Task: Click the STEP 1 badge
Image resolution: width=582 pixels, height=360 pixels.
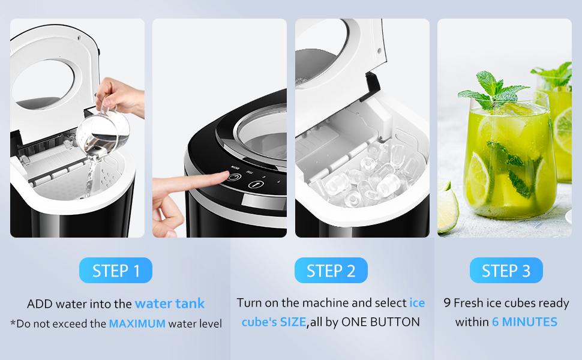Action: (115, 270)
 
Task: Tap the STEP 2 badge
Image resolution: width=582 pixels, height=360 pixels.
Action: (331, 270)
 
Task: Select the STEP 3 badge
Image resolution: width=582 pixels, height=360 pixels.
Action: (506, 270)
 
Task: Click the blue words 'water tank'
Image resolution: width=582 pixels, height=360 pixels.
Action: (170, 304)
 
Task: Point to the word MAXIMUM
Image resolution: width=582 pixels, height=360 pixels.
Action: (137, 323)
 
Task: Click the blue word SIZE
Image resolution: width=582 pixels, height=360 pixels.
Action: (293, 322)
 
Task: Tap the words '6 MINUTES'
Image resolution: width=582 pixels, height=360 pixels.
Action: (524, 322)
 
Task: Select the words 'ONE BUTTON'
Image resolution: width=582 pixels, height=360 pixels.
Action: (380, 322)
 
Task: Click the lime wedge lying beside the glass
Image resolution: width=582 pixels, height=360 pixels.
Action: (447, 208)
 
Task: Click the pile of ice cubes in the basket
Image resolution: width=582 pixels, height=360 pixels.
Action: (367, 175)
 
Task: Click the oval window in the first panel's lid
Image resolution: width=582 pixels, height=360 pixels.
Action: (43, 85)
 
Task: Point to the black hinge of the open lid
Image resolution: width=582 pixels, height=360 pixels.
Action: (371, 86)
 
